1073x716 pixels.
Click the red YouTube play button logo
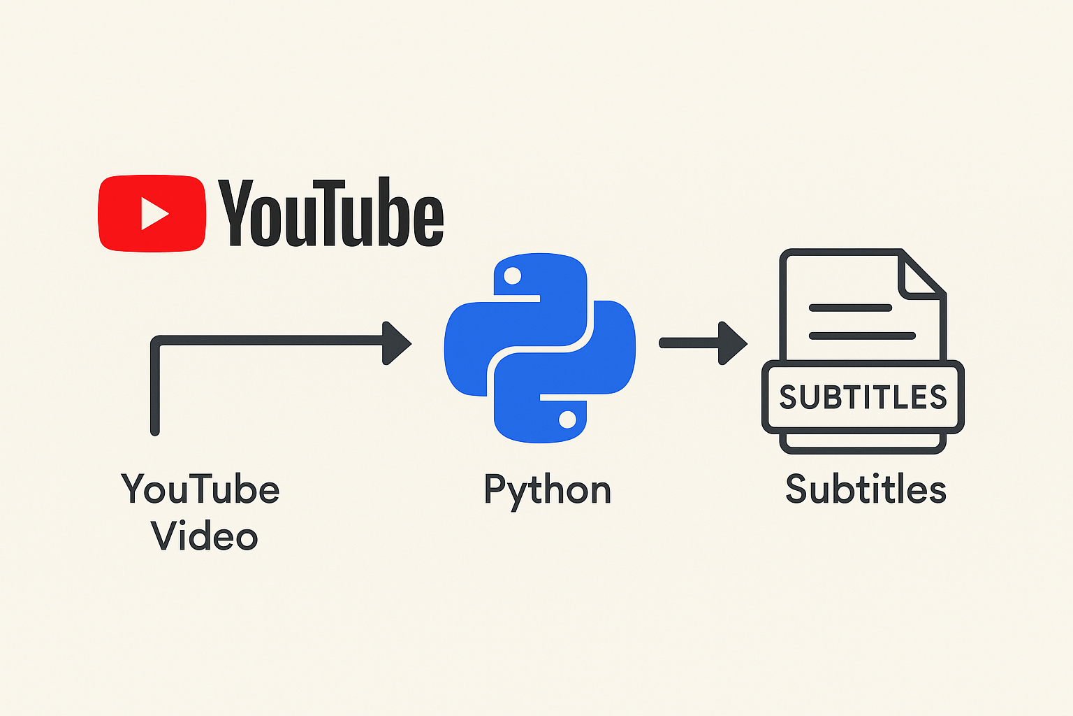[x=152, y=213]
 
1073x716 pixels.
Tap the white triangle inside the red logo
[x=154, y=213]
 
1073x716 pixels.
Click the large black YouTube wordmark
[x=331, y=213]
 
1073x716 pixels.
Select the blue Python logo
[x=540, y=348]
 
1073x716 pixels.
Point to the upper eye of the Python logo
[x=512, y=276]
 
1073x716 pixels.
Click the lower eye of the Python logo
[x=567, y=420]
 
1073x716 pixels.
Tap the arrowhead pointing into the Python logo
[x=396, y=343]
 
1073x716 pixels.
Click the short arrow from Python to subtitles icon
[x=703, y=343]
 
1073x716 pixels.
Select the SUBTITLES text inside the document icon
[x=863, y=397]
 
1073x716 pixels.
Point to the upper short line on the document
[x=849, y=308]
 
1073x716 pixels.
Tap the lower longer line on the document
[x=862, y=336]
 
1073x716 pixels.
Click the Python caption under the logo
[x=547, y=491]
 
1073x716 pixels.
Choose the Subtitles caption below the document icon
[x=866, y=489]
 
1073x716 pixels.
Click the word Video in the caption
[x=204, y=536]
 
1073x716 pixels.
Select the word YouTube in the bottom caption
[x=200, y=489]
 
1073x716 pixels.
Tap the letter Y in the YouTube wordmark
[x=235, y=213]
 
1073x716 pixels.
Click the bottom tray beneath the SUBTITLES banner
[x=863, y=443]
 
